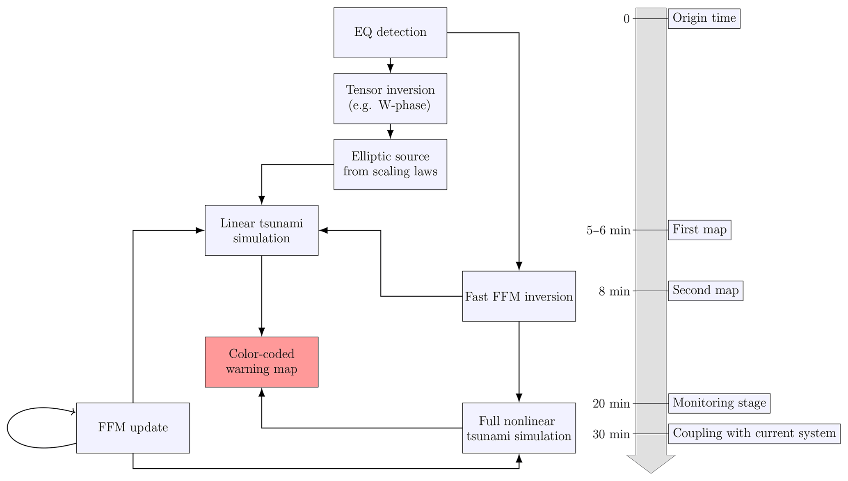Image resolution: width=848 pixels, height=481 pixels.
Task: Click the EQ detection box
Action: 390,32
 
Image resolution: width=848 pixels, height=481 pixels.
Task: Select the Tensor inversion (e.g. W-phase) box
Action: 390,98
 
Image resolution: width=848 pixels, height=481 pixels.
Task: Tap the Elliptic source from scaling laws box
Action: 390,164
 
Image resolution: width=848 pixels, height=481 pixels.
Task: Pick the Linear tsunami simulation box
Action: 261,230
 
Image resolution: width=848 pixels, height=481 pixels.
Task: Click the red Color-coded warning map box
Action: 261,362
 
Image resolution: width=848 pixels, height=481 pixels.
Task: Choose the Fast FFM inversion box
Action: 519,296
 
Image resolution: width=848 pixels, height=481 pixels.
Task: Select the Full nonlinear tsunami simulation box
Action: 519,428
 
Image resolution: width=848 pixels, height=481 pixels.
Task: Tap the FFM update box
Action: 133,428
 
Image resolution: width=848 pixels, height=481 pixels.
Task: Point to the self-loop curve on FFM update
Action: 8,428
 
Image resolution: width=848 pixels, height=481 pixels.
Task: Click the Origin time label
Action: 704,18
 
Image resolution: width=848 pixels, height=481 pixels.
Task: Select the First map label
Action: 699,230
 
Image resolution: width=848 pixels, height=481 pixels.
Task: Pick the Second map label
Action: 705,291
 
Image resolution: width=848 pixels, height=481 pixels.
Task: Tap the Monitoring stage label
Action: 719,403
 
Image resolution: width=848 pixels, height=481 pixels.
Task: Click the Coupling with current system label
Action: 754,434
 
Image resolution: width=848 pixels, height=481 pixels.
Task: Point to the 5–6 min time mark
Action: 608,231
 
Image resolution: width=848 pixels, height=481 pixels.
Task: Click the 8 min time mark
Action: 614,291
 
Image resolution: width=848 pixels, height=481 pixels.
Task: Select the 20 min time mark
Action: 611,404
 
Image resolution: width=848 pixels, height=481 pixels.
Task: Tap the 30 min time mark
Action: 611,434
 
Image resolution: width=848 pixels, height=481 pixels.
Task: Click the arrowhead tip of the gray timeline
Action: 651,472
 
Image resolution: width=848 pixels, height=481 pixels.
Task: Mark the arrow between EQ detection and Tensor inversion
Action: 390,66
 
